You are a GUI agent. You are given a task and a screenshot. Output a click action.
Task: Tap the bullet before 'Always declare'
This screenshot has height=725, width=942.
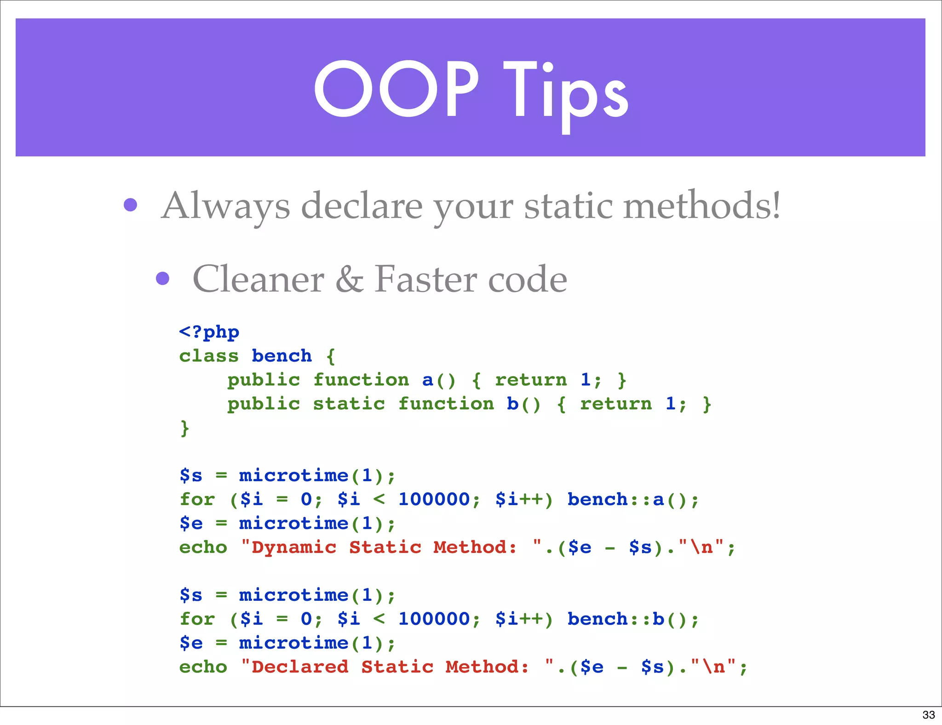tap(131, 205)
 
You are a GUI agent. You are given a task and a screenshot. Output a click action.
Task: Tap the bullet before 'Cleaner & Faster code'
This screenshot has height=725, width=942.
tap(162, 278)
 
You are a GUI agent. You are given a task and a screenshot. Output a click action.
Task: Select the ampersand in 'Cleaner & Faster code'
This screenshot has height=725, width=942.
tap(350, 279)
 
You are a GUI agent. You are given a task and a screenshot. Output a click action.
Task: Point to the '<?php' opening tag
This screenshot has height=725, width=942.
tap(209, 332)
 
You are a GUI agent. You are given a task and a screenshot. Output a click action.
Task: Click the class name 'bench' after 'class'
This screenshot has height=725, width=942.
tap(281, 356)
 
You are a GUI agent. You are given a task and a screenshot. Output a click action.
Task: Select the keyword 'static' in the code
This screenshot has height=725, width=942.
tap(349, 404)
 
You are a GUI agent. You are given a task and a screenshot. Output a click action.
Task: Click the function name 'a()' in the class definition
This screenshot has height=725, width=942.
tap(439, 380)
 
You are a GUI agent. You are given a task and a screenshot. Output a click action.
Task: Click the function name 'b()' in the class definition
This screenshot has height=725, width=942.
tap(523, 404)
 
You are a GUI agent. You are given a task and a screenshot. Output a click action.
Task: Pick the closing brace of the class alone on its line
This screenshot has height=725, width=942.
tap(184, 428)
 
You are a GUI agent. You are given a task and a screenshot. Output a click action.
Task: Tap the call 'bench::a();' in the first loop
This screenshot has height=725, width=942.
tap(633, 500)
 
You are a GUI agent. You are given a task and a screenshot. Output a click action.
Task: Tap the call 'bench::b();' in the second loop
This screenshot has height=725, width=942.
tap(633, 619)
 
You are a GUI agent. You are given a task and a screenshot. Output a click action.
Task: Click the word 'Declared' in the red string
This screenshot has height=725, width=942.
tap(300, 667)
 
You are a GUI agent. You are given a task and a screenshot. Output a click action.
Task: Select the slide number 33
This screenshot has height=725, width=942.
tap(928, 715)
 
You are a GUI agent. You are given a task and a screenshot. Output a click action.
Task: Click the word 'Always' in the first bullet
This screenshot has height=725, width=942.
tap(226, 206)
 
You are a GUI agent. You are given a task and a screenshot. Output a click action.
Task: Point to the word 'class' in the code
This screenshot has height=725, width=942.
tap(209, 356)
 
